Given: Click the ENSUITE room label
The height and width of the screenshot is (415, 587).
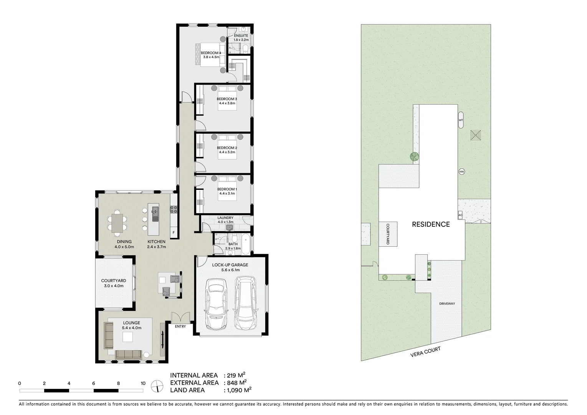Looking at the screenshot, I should pyautogui.click(x=241, y=36).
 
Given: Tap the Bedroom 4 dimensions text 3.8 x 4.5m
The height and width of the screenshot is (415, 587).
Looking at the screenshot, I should pyautogui.click(x=211, y=57).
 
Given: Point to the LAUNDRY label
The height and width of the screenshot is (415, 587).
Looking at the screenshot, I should pyautogui.click(x=225, y=218).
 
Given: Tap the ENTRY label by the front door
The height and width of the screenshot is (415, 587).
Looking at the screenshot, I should pyautogui.click(x=180, y=327).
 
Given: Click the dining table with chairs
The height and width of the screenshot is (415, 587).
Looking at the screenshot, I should pyautogui.click(x=116, y=222).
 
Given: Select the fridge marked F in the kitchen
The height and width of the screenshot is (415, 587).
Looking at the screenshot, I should pyautogui.click(x=174, y=232).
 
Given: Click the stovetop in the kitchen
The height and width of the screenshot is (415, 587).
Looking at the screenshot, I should pyautogui.click(x=174, y=210).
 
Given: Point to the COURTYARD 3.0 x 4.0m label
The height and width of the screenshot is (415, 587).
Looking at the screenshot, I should pyautogui.click(x=113, y=283).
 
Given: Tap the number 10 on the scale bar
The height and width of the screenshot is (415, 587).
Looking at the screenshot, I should pyautogui.click(x=143, y=383).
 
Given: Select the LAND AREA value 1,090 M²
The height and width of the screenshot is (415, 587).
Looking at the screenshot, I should pyautogui.click(x=238, y=390).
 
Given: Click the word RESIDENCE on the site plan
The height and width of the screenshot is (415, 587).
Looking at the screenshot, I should pyautogui.click(x=431, y=224).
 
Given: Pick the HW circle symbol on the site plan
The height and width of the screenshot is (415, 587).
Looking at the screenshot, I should pyautogui.click(x=462, y=172).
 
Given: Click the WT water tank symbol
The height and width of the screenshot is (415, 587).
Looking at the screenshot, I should pyautogui.click(x=461, y=120).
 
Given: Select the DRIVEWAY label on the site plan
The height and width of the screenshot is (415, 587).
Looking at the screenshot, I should pyautogui.click(x=447, y=304).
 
